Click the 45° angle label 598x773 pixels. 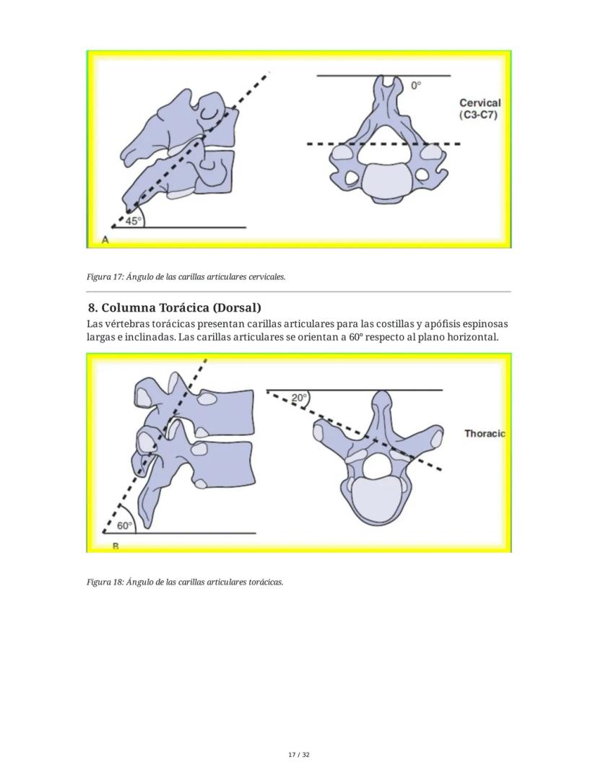(133, 222)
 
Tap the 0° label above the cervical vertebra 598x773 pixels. (416, 85)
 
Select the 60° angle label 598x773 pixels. (124, 526)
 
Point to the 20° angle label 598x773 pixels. (299, 398)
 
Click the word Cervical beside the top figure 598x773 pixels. (480, 103)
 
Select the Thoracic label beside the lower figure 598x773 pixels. (485, 434)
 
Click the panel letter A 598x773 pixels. (105, 240)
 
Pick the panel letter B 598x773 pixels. (116, 546)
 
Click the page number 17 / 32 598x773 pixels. (298, 755)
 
